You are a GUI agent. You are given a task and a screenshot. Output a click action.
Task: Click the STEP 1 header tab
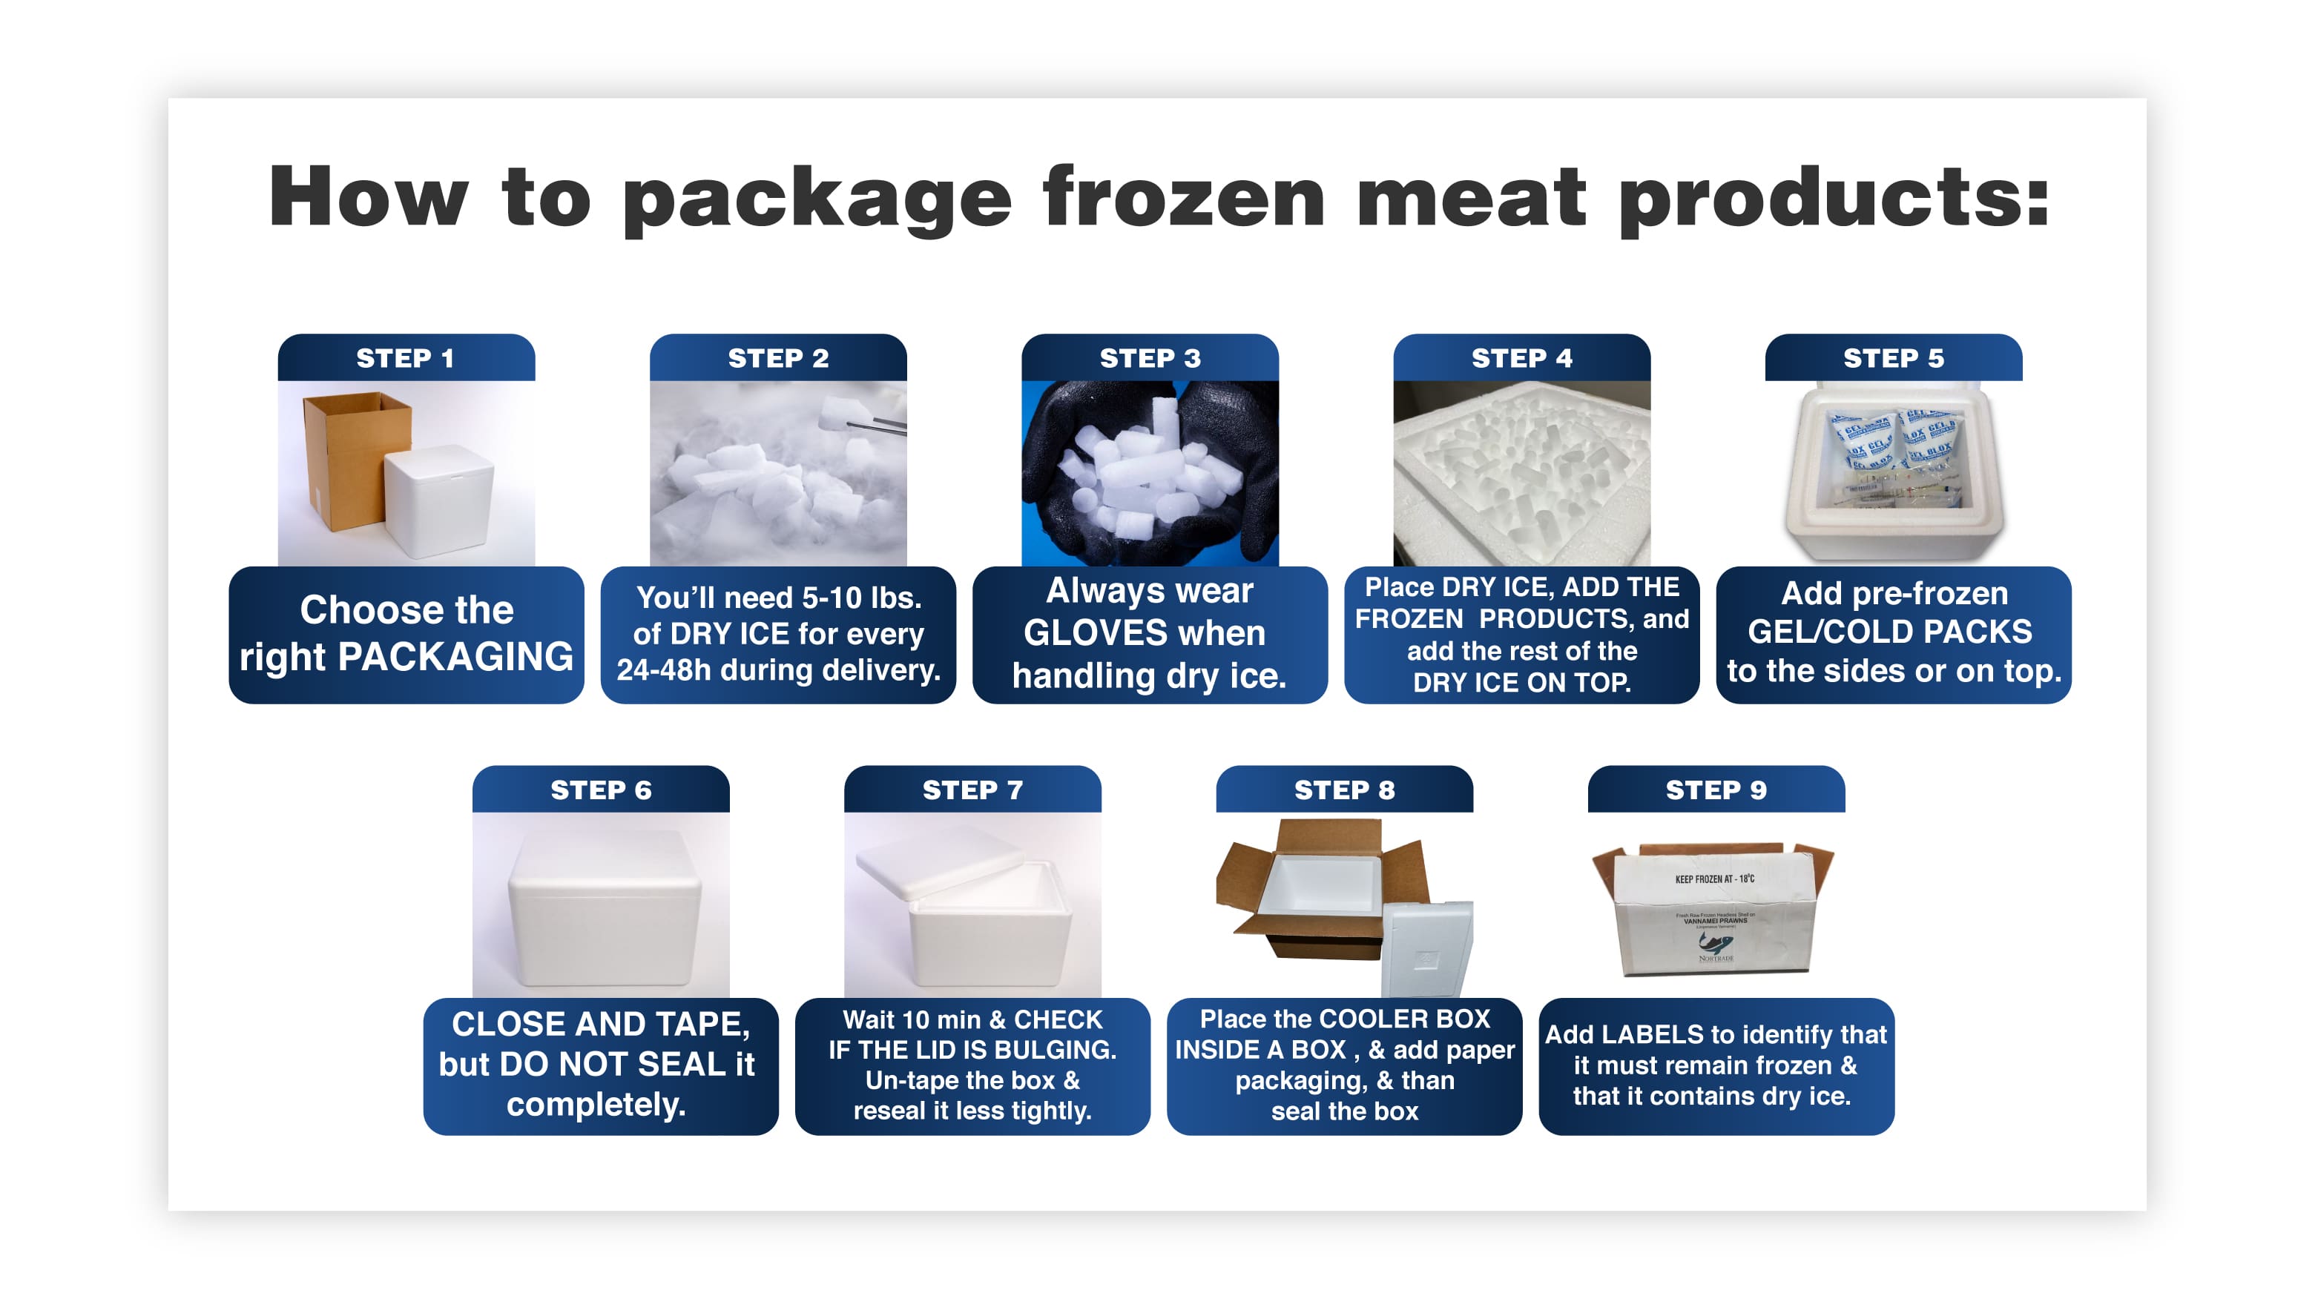[405, 358]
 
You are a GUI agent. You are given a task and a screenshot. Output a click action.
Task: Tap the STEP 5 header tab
[1892, 358]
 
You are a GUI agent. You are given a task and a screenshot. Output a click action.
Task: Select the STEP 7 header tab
[972, 790]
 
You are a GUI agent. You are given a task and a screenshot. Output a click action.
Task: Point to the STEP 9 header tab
[1716, 790]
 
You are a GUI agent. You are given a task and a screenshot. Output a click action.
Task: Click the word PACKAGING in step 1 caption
[455, 657]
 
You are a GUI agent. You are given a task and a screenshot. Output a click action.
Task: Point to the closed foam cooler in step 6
[602, 911]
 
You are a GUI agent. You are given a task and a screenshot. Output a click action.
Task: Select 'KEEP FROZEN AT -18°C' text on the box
[1713, 879]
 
